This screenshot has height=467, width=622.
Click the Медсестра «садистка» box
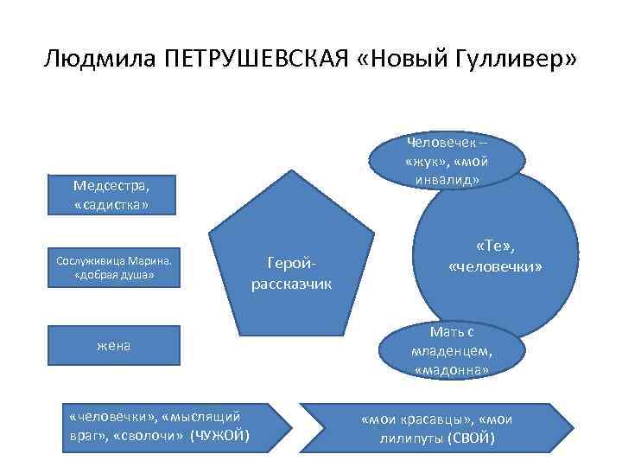[111, 195]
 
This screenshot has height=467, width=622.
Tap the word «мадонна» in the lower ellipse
[452, 370]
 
